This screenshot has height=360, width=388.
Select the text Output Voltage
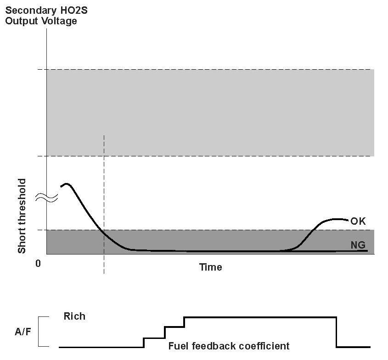click(41, 21)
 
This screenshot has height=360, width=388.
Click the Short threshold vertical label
click(22, 216)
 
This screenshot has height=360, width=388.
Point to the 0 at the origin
click(38, 264)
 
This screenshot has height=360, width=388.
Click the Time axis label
click(210, 267)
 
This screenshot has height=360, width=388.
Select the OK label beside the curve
click(358, 221)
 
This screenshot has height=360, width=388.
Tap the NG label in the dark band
click(358, 245)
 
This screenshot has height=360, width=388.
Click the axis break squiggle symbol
click(47, 198)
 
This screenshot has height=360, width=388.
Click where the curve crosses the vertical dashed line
click(104, 233)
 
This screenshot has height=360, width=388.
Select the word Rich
click(74, 316)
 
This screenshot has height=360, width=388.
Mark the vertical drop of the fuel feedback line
click(337, 332)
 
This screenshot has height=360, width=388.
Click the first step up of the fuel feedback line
click(144, 343)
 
